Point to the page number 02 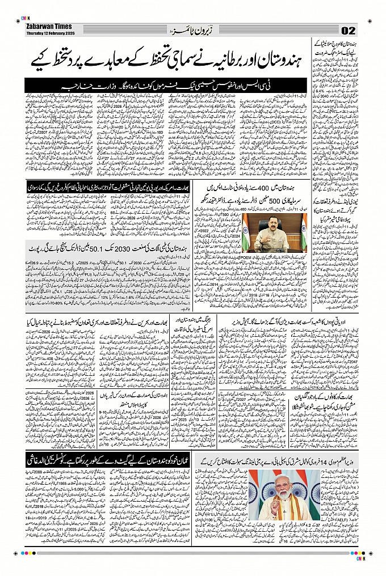[348, 30]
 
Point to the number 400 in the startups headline [250, 187]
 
